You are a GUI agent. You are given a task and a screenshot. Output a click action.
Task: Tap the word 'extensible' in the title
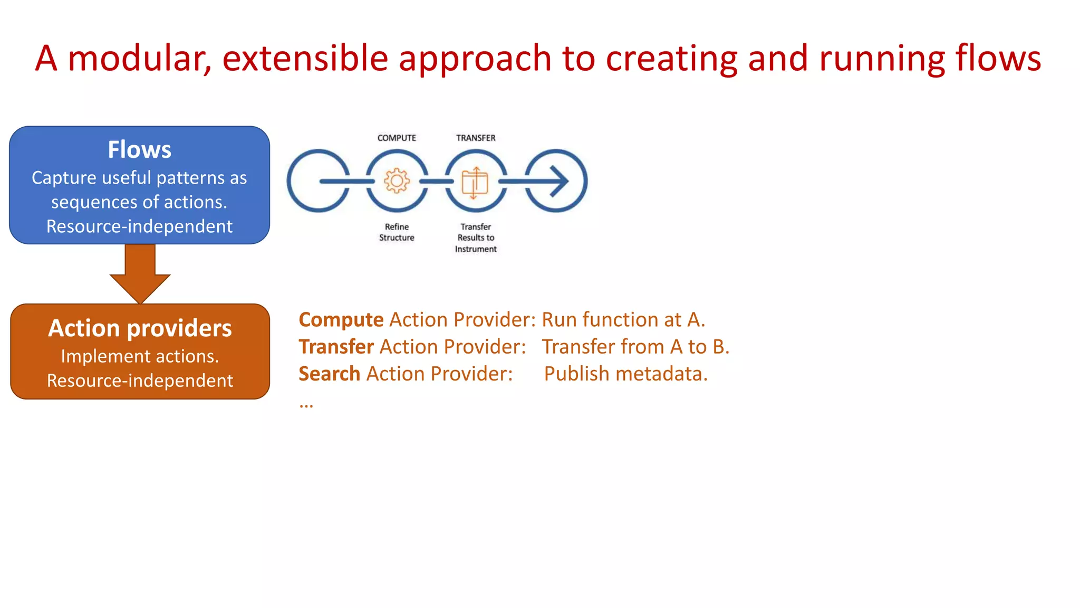pos(305,58)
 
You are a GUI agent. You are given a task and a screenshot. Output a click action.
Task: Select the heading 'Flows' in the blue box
pos(139,149)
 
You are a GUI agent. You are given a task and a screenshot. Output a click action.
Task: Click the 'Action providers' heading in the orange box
pos(140,328)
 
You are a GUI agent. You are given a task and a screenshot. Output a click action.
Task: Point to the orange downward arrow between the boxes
pos(140,274)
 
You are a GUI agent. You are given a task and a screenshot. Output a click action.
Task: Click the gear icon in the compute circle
pos(397,181)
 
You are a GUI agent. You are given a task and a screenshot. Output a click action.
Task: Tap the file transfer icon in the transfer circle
pos(475,182)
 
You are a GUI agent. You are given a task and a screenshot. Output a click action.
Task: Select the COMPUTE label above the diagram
pos(397,138)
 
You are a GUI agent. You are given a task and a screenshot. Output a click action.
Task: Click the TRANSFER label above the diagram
pos(476,138)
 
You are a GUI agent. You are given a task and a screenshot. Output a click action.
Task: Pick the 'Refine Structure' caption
pos(397,232)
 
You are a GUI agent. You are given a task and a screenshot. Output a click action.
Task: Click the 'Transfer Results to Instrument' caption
pos(476,237)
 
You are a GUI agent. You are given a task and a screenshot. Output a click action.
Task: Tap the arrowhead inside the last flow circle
pos(559,181)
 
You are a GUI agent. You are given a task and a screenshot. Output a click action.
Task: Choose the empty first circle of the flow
pos(317,181)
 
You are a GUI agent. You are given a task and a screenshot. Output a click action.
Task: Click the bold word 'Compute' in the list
pos(341,320)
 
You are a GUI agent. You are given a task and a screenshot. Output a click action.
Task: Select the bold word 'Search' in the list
pos(329,374)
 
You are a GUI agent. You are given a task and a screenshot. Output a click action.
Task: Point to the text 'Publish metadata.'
pos(625,374)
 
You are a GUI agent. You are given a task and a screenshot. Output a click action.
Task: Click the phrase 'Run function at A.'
pos(623,320)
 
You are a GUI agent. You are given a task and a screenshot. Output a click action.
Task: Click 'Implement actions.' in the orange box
pos(140,356)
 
